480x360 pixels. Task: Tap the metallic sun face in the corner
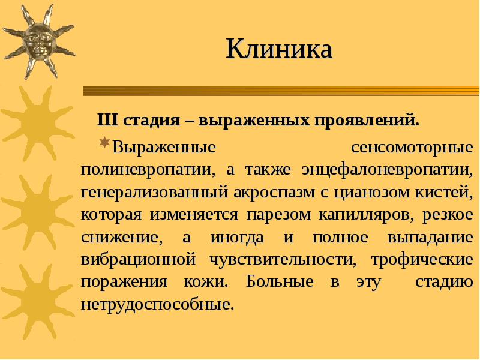point(40,40)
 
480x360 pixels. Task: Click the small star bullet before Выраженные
point(104,143)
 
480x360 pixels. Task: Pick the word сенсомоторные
point(411,147)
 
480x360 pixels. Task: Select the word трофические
point(422,259)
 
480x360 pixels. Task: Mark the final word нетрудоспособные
point(157,304)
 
